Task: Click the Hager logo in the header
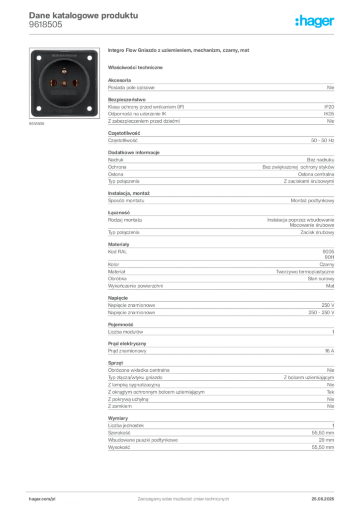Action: (x=315, y=21)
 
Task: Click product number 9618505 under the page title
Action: (x=45, y=25)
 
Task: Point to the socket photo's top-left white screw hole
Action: (x=39, y=58)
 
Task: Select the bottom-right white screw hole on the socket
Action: (x=90, y=108)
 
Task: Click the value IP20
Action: (x=329, y=107)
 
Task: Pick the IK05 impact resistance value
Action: (x=329, y=114)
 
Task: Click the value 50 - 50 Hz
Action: (x=323, y=141)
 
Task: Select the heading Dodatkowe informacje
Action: (x=134, y=153)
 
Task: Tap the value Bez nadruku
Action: (x=321, y=160)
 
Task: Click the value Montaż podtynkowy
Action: (x=313, y=201)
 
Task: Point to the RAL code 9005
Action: (x=328, y=252)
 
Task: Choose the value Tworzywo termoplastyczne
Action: (x=305, y=272)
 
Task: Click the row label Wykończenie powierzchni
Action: (x=135, y=286)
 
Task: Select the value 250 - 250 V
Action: (x=321, y=313)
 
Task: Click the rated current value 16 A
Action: (x=330, y=351)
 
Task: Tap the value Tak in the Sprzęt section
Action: (x=331, y=392)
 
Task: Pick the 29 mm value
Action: (x=326, y=440)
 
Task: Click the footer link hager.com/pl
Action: (x=42, y=499)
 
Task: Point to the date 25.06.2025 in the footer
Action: (x=323, y=499)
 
